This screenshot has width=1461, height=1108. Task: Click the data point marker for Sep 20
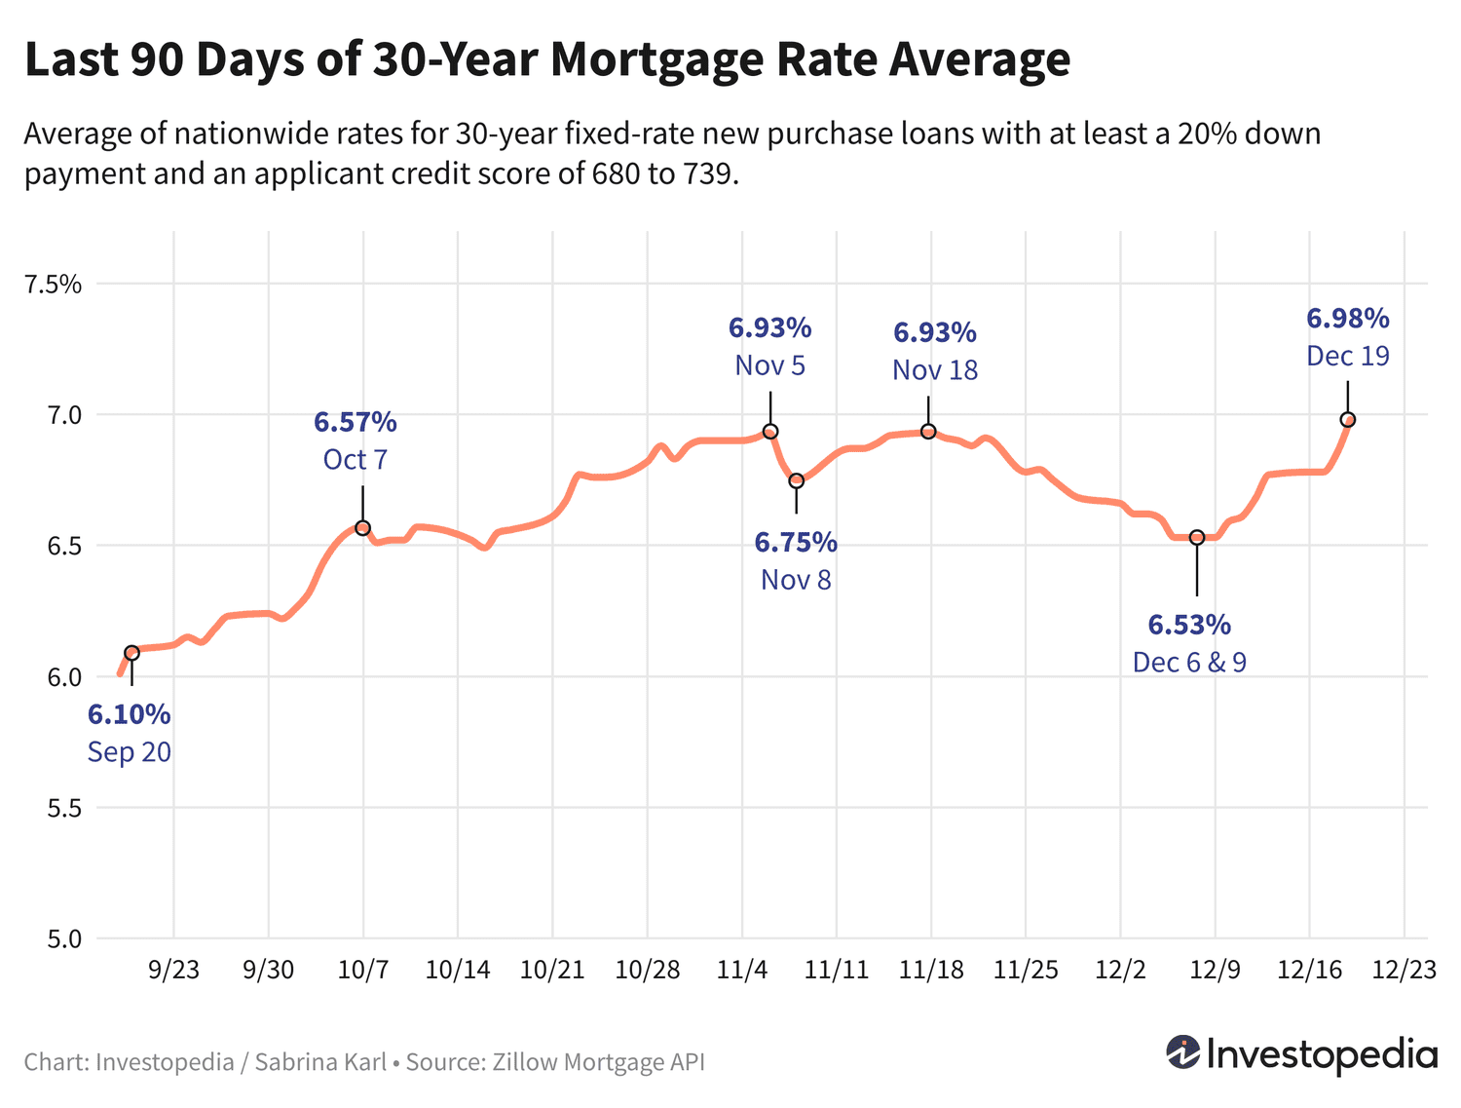click(131, 653)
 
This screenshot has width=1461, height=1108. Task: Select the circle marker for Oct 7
click(362, 528)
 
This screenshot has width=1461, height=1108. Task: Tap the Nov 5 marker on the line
click(770, 432)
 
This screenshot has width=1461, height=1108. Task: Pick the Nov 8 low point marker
click(797, 480)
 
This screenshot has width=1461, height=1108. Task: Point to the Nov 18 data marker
click(928, 432)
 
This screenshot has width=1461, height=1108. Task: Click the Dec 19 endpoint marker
click(1348, 420)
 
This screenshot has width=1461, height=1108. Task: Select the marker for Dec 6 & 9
click(1197, 537)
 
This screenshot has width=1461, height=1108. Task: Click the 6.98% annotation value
click(1348, 319)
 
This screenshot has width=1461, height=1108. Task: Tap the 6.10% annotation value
click(130, 714)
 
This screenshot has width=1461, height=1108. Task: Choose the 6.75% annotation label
click(796, 542)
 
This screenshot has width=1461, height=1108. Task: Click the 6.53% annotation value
click(1189, 624)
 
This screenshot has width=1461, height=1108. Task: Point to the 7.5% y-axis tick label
click(54, 285)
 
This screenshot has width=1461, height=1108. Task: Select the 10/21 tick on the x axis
click(552, 970)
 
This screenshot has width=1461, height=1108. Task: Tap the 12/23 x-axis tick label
click(1404, 970)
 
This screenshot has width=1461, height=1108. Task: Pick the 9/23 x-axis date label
click(173, 970)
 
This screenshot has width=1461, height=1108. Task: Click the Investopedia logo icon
click(1183, 1052)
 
